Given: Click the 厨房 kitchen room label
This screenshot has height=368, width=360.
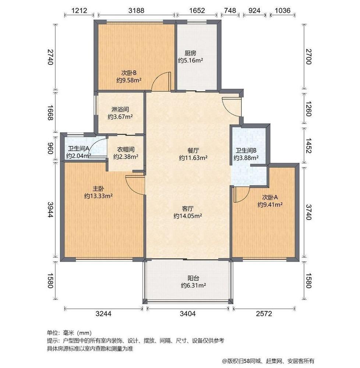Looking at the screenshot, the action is (190, 53).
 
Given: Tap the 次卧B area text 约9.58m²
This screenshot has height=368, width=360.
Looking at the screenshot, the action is (129, 80).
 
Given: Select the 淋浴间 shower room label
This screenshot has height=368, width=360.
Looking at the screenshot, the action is (120, 109).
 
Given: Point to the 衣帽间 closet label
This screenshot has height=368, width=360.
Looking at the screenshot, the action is (126, 149).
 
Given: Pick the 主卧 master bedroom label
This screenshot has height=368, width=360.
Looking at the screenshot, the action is (98, 188).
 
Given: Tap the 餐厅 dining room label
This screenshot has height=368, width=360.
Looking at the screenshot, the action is (193, 150).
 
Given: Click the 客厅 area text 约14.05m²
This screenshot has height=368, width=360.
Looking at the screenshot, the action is (188, 216).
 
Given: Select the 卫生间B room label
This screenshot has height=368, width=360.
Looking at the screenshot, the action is (246, 151).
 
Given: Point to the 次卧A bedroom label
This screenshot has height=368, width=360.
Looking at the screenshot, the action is (270, 197).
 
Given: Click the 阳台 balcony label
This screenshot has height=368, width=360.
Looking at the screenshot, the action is (193, 278).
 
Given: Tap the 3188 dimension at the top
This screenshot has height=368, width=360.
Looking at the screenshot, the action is (136, 10).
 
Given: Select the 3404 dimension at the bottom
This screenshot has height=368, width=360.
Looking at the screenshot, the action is (188, 313).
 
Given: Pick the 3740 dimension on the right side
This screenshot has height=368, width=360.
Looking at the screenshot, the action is (308, 212).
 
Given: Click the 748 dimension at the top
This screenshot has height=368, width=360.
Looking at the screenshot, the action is (230, 10).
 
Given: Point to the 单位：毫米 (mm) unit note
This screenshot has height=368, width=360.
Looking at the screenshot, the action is (69, 333).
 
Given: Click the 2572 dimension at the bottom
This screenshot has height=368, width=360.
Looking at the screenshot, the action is (264, 313).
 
